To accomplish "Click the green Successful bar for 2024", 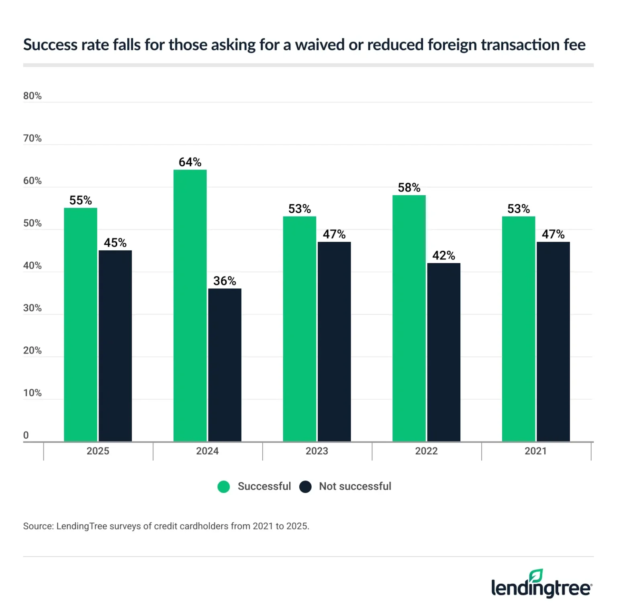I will [190, 305].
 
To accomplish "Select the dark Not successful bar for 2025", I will [115, 345].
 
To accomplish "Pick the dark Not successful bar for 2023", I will [334, 341].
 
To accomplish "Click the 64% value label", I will [190, 162].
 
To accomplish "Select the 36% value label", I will [225, 281].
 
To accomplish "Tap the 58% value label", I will [409, 188].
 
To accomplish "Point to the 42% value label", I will [443, 255].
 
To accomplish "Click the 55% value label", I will [80, 200].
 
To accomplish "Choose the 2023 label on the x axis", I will [317, 451].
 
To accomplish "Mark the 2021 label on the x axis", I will [536, 451].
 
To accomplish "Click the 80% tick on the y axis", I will [33, 96].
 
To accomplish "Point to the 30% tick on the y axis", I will [33, 308].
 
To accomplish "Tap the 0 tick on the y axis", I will [26, 435].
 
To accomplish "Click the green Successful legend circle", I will [224, 486].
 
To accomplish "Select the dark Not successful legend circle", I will [305, 486].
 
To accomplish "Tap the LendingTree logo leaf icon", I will [536, 576].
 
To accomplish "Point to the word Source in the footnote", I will [38, 526].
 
